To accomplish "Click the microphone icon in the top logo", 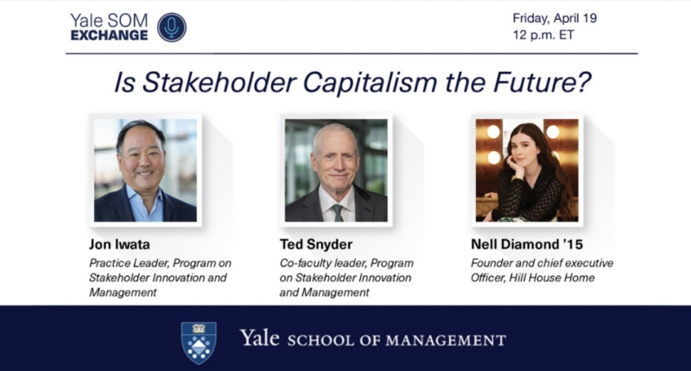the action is click(171, 28).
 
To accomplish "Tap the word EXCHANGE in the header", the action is click(109, 35).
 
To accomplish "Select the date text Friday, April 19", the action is click(555, 19).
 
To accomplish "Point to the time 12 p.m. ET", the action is click(543, 35).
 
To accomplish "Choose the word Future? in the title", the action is click(542, 82).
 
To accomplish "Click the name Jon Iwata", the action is click(119, 244).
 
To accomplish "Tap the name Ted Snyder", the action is click(316, 244).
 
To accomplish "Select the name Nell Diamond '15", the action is click(527, 244).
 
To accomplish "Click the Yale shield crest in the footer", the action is click(199, 343).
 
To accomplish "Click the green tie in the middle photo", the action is click(338, 212).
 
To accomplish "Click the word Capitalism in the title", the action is click(371, 82).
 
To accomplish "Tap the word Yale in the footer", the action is click(260, 338).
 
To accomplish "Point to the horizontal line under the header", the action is click(352, 53).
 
